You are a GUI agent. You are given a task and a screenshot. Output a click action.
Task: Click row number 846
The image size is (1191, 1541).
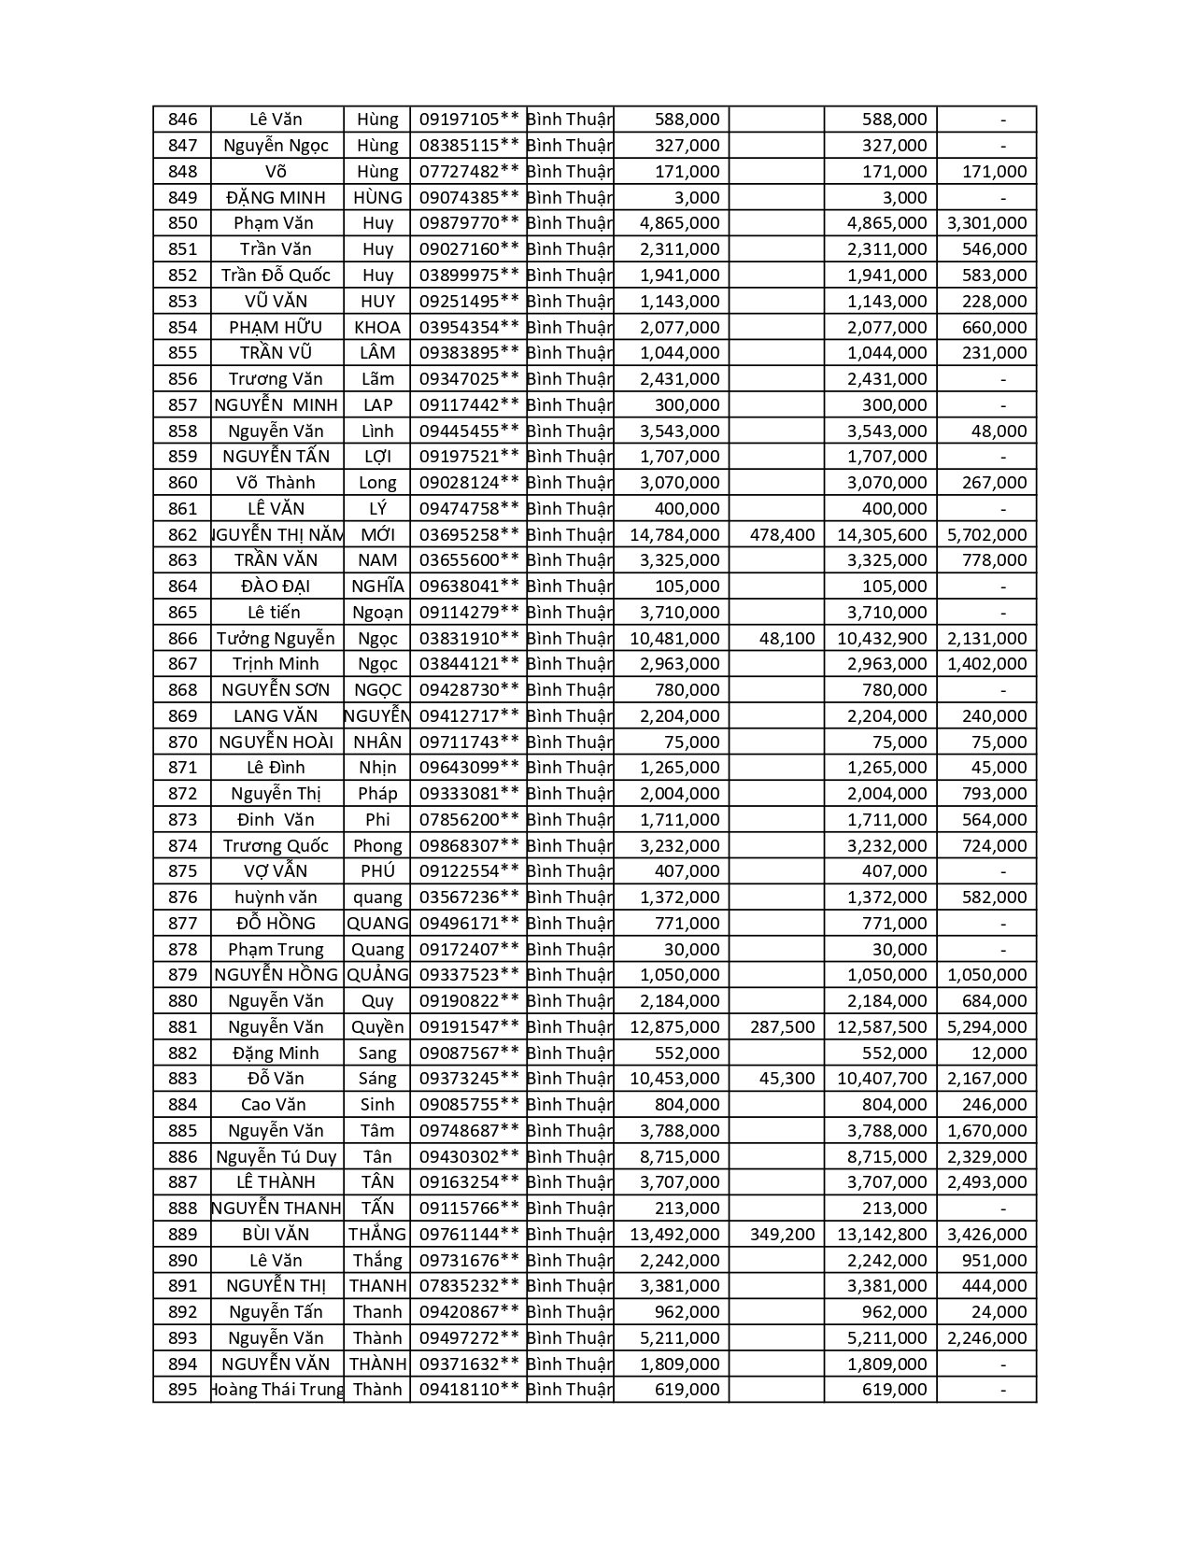tap(183, 120)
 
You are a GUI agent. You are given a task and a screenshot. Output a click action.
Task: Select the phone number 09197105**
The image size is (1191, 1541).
tap(469, 120)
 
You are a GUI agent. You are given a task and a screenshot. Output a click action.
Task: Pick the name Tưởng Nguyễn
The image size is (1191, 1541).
tap(276, 639)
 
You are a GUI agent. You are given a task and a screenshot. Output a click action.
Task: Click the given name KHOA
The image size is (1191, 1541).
tap(377, 328)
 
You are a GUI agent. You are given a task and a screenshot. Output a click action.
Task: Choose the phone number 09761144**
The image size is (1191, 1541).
tap(469, 1235)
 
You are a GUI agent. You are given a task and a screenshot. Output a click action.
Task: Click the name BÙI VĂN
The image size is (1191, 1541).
tap(276, 1235)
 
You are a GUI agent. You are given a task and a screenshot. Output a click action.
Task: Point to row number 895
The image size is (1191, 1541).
tap(183, 1390)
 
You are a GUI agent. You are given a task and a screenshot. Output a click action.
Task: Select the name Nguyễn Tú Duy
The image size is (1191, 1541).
tap(276, 1157)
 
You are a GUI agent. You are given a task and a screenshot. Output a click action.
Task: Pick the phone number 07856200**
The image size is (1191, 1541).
tap(469, 820)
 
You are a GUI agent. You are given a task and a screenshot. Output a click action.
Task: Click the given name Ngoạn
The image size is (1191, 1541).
tap(377, 613)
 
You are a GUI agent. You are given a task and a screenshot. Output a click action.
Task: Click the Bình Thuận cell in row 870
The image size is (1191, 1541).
tap(569, 742)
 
